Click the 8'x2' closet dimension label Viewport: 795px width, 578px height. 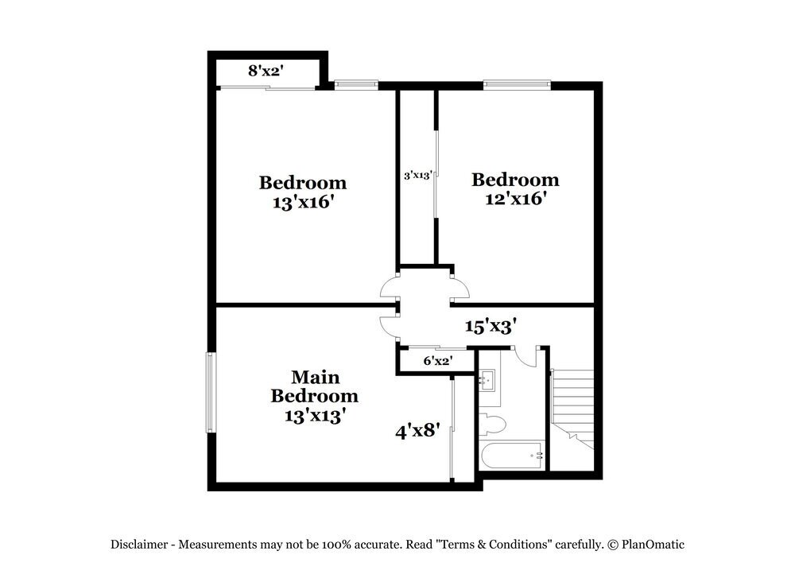point(266,71)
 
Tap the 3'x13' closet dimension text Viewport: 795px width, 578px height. point(417,175)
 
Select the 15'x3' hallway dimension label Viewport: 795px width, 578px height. point(491,326)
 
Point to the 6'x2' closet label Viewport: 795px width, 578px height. point(437,361)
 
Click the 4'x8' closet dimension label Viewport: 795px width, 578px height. point(418,432)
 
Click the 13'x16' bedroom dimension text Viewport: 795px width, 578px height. point(302,203)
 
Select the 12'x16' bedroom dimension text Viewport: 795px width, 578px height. point(515,199)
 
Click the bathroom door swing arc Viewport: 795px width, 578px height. point(525,357)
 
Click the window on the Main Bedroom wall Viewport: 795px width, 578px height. point(211,392)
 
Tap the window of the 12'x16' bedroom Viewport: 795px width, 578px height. point(517,83)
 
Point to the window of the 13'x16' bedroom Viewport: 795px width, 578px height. point(355,83)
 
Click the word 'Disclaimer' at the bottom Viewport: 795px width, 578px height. point(139,545)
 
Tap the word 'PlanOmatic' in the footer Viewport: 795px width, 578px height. point(652,545)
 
